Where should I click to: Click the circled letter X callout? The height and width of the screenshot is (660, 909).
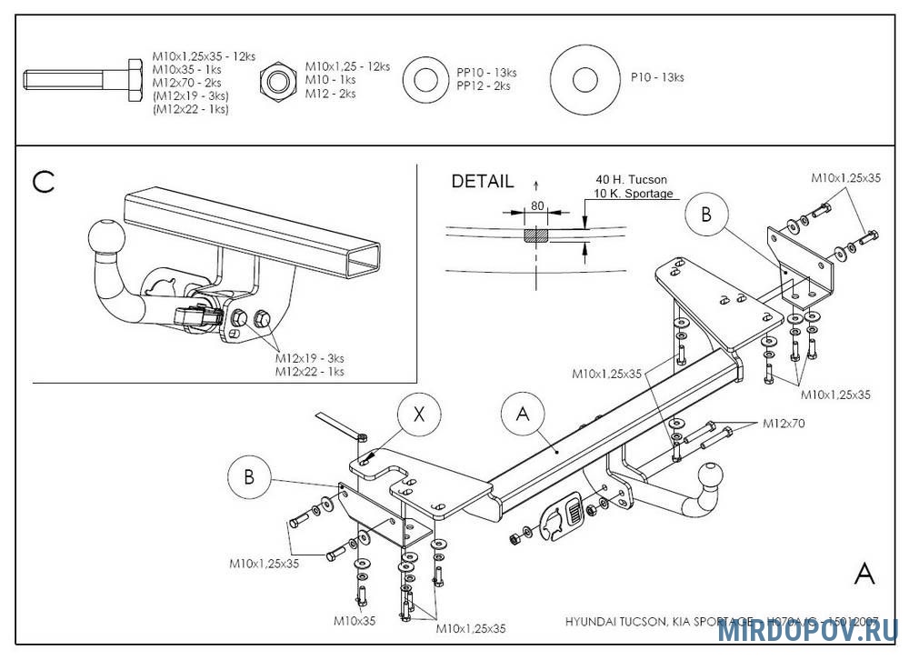(x=419, y=415)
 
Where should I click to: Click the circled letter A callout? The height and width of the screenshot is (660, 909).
(x=523, y=415)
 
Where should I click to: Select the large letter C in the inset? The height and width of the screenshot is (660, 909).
(x=44, y=183)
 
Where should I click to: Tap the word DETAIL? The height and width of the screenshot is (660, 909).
(x=483, y=182)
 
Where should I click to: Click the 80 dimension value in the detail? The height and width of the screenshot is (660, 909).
(x=537, y=206)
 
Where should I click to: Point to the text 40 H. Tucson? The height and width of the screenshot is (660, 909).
(x=631, y=180)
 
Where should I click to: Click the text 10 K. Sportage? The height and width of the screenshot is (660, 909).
(x=634, y=194)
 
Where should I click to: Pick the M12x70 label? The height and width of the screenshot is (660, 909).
(x=784, y=423)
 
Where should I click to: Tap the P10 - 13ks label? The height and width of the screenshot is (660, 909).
(x=657, y=77)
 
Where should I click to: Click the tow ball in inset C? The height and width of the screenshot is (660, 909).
(x=103, y=239)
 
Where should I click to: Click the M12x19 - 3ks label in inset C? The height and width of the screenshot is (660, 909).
(x=310, y=358)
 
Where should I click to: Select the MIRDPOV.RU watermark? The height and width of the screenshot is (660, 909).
(x=807, y=631)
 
